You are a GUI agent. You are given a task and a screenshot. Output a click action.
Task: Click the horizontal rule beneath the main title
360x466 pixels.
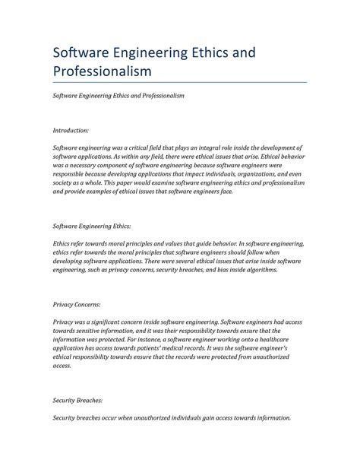(x=179, y=81)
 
